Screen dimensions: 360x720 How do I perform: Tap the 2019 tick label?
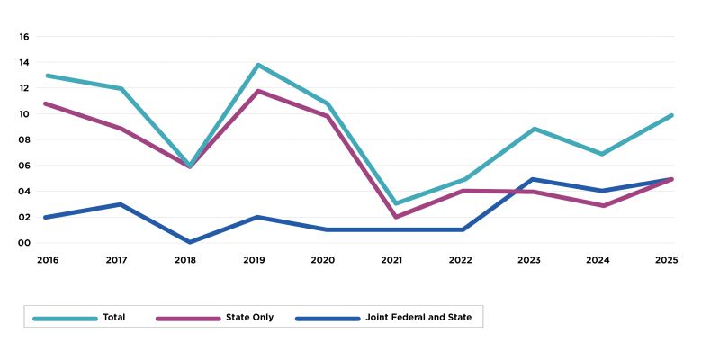pyautogui.click(x=255, y=259)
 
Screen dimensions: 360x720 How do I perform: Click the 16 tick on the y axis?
pyautogui.click(x=25, y=37)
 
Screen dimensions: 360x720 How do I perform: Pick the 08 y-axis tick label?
pyautogui.click(x=25, y=139)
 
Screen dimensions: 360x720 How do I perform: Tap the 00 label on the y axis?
pyautogui.click(x=25, y=242)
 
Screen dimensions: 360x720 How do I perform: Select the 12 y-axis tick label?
pyautogui.click(x=25, y=88)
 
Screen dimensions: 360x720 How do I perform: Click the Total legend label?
pyautogui.click(x=114, y=317)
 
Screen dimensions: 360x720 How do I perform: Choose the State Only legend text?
pyautogui.click(x=251, y=317)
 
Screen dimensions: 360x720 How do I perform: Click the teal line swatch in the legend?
pyautogui.click(x=65, y=317)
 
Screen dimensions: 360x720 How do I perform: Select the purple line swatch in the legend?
pyautogui.click(x=188, y=317)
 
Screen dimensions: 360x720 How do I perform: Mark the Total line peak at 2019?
pyautogui.click(x=258, y=65)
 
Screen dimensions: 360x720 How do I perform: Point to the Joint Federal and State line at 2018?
pyautogui.click(x=189, y=242)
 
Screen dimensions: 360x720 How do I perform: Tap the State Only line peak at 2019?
pyautogui.click(x=258, y=91)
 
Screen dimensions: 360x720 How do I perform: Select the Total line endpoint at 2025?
pyautogui.click(x=672, y=115)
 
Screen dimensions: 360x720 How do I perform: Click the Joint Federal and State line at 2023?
pyautogui.click(x=534, y=179)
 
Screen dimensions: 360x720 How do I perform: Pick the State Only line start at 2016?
pyautogui.click(x=46, y=103)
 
